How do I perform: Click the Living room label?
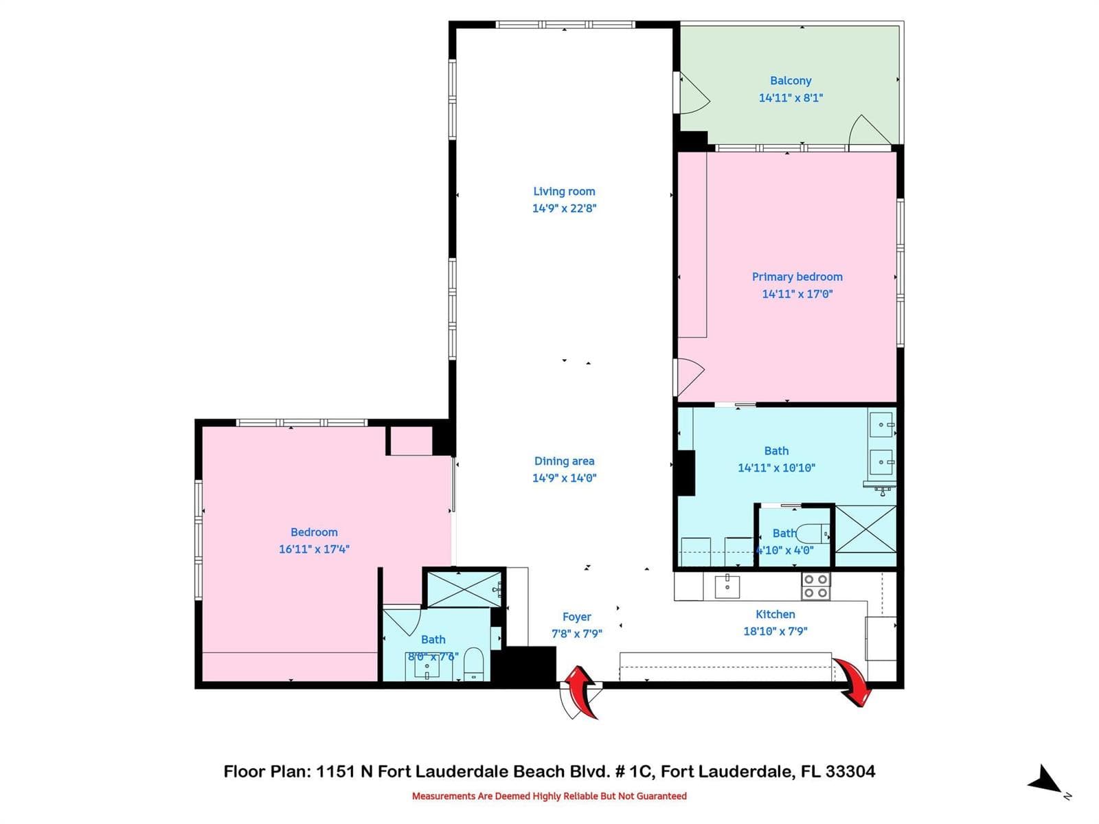pos(564,191)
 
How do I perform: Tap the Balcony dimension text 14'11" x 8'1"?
pos(791,98)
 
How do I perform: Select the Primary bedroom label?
pos(797,277)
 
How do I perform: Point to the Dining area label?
pos(565,461)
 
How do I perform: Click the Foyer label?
pos(576,617)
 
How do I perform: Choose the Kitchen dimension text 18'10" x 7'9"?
pos(775,631)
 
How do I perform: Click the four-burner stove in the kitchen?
pos(815,586)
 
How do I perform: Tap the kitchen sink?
pos(727,586)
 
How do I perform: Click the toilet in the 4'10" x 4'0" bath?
pos(812,534)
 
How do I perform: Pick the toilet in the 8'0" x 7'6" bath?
pos(473,665)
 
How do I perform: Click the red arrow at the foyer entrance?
pos(581,691)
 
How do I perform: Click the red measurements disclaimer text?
pos(549,796)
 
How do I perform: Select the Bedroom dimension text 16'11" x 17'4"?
pos(314,549)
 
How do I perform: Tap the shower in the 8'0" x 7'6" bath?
pos(464,589)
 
